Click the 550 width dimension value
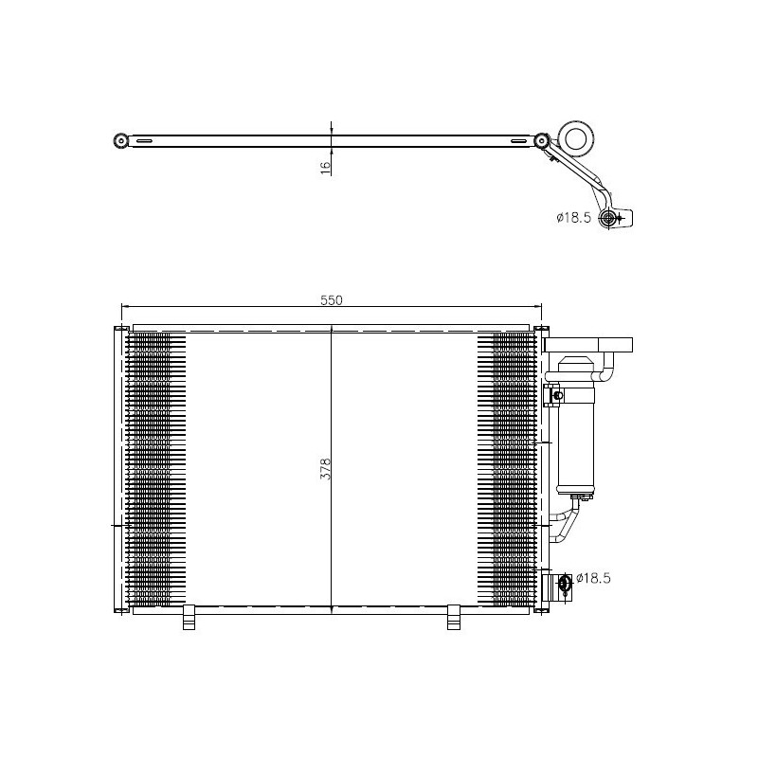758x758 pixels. point(330,299)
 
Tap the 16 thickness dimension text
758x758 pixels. point(325,167)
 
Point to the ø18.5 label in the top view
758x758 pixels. point(574,218)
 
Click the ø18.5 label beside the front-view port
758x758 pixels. point(593,577)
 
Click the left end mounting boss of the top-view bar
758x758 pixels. point(120,141)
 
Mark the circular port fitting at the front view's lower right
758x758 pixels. point(565,583)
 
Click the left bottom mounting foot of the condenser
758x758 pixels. point(188,617)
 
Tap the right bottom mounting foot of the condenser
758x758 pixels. point(453,617)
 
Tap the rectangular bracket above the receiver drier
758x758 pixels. point(588,345)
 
